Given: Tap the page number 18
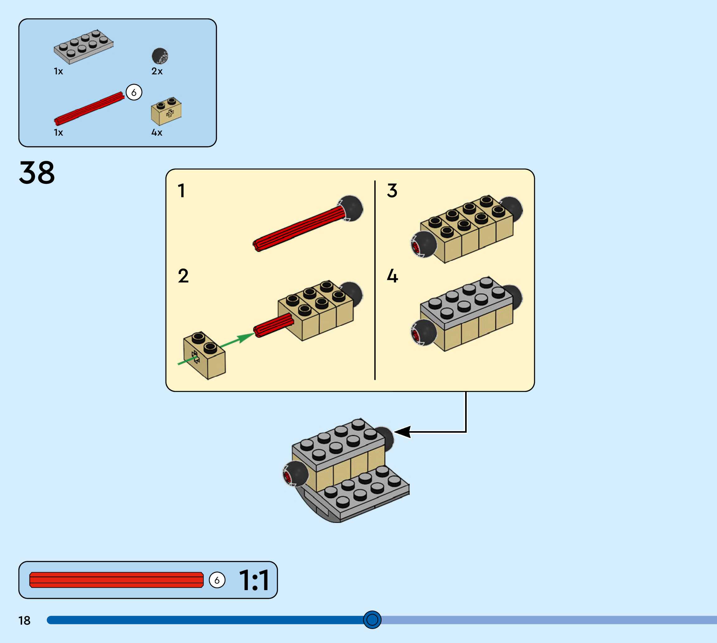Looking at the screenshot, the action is (24, 620).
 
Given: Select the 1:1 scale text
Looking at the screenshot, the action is (254, 580).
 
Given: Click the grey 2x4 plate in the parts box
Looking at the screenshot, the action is (84, 47).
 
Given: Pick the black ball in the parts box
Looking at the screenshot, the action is (160, 56).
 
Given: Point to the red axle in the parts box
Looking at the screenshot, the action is (89, 109).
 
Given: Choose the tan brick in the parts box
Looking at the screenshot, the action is (166, 111).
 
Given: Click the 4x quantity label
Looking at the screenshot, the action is (157, 133).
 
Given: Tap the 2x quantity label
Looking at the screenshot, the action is (157, 71).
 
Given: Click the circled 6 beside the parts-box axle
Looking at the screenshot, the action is (134, 93).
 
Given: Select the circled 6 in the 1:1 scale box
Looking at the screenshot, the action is (217, 580).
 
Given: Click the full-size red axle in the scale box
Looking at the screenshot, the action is (117, 580).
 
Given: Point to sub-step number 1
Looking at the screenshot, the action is (182, 190).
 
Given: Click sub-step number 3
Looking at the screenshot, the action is (392, 190).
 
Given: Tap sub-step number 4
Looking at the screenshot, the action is (393, 276).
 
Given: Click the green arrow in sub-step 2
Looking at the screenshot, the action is (216, 349).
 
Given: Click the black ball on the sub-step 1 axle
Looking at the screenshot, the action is (350, 208).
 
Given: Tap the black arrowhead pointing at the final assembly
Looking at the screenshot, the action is (402, 432).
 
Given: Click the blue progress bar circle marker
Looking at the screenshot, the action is (372, 620).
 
